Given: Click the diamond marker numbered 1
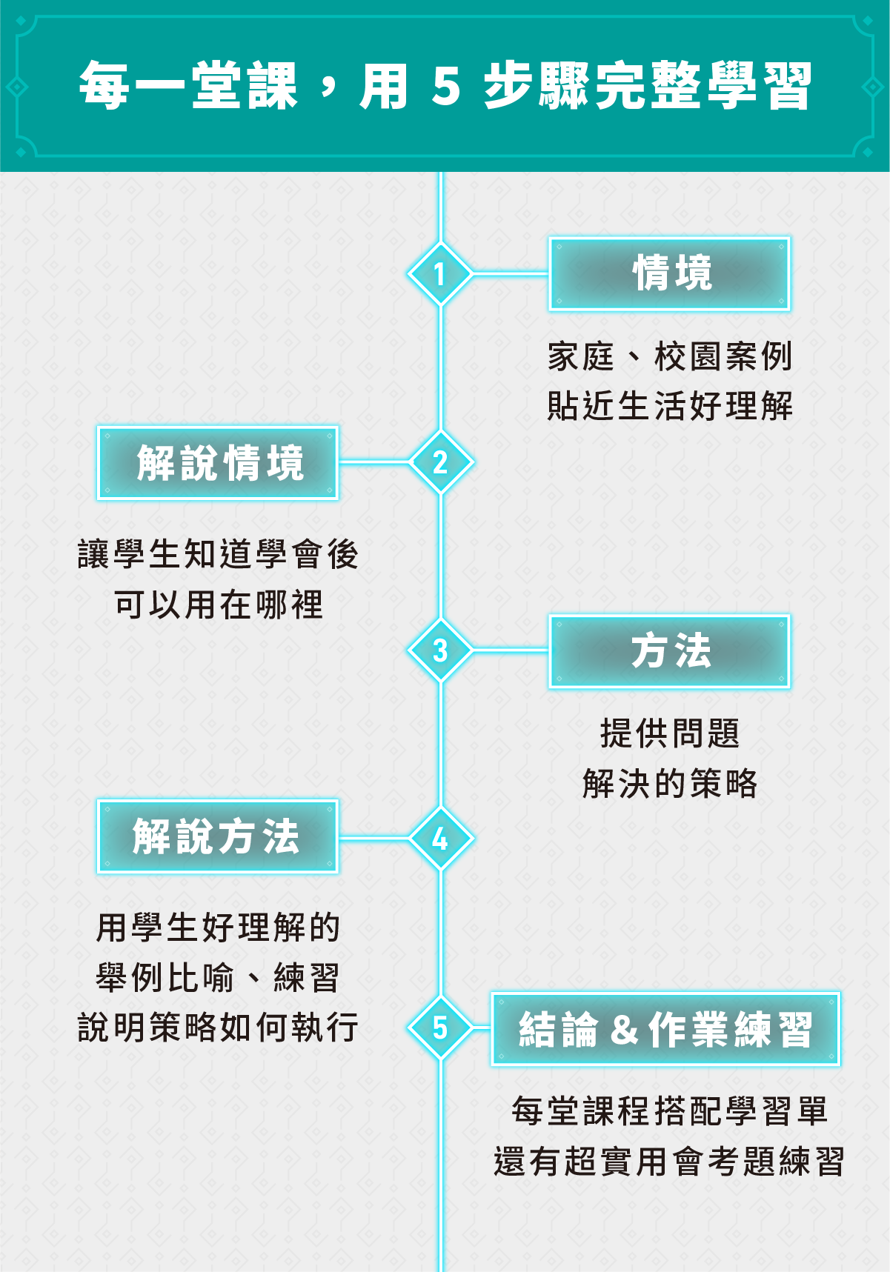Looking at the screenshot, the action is [440, 273].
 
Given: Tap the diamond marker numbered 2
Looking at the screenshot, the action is [440, 462].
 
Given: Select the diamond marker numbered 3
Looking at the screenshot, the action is [440, 650].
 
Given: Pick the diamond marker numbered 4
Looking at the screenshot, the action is [440, 839].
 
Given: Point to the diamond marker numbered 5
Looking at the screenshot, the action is [440, 1028].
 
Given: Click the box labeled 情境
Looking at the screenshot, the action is [669, 274].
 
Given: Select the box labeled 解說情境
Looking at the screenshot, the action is [218, 463].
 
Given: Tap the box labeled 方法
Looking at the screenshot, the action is [669, 651].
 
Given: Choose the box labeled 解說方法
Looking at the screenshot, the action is [218, 836].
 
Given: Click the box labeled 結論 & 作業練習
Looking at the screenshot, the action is [665, 1029].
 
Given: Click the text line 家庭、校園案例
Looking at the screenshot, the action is [670, 356].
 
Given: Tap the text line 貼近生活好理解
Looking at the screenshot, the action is [670, 406].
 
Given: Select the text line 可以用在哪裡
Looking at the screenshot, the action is [219, 605].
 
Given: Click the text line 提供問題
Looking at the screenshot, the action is [670, 733].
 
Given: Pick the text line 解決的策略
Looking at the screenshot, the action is [670, 784].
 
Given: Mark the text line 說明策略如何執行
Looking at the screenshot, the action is [219, 1028].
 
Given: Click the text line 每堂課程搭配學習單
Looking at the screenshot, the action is [670, 1111].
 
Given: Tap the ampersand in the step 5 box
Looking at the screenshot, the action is [625, 1030].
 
